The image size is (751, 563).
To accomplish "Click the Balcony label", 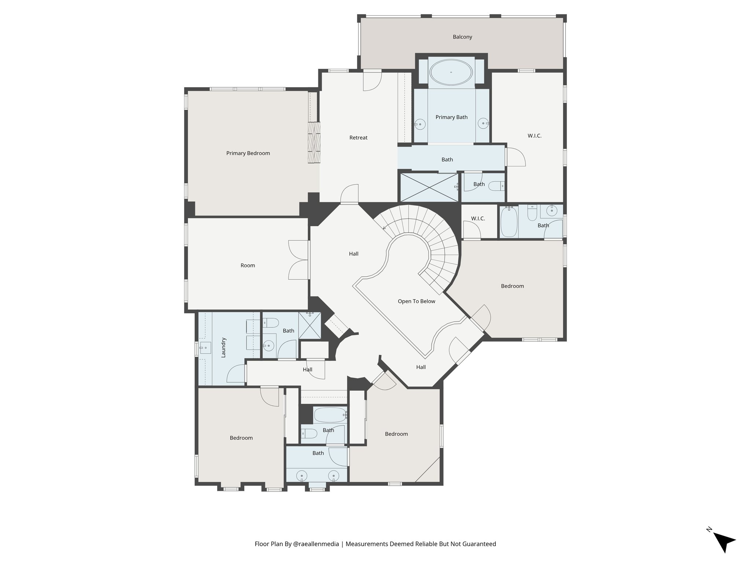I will click(x=462, y=37).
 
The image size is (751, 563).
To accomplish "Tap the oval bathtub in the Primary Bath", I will click(x=451, y=72).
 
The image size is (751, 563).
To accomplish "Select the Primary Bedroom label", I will click(x=248, y=153).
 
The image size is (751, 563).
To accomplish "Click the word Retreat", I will click(x=358, y=138).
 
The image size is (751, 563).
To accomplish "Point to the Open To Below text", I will click(x=416, y=301).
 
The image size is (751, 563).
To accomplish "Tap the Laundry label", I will click(x=224, y=347).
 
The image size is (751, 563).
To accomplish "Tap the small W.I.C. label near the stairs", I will click(x=478, y=218).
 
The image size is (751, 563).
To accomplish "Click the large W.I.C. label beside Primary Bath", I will click(x=534, y=136).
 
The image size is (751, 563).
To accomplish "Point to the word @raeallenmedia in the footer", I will click(x=316, y=544).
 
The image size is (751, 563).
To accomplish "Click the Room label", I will click(x=248, y=265).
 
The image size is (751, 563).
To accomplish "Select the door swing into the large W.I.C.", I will click(x=515, y=158).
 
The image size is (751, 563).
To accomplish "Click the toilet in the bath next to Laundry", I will click(x=271, y=323).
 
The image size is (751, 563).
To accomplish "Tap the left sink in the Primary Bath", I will click(x=420, y=124).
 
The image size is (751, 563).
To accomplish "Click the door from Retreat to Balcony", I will click(x=372, y=81).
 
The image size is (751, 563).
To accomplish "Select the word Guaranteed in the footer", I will click(x=479, y=544).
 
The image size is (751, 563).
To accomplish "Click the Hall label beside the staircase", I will click(x=353, y=254).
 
